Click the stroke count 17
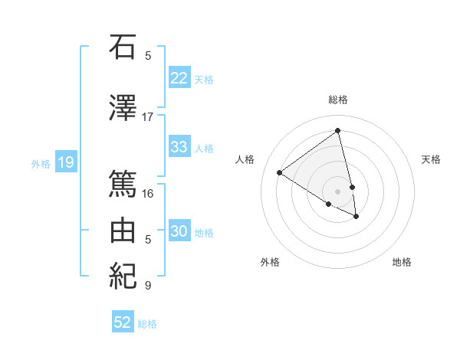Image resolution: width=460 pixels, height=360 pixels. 148,116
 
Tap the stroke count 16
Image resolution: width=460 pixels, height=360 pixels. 148,193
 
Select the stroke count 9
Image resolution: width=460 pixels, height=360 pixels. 148,286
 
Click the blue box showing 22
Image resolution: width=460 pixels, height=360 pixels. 179,78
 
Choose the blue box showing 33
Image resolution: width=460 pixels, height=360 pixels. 179,147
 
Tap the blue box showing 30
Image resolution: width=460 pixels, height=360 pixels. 179,231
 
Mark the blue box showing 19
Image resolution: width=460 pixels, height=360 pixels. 65,162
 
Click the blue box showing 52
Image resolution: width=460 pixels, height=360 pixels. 123,322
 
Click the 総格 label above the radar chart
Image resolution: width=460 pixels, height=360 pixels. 338,100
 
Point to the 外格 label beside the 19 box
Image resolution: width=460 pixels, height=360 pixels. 40,163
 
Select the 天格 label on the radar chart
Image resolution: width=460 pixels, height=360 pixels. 431,159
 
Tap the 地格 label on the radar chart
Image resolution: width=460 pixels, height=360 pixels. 402,262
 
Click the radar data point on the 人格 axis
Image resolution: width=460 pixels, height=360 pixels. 280,172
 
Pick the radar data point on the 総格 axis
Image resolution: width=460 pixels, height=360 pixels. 338,130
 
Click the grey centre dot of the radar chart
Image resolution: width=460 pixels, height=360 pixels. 338,191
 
